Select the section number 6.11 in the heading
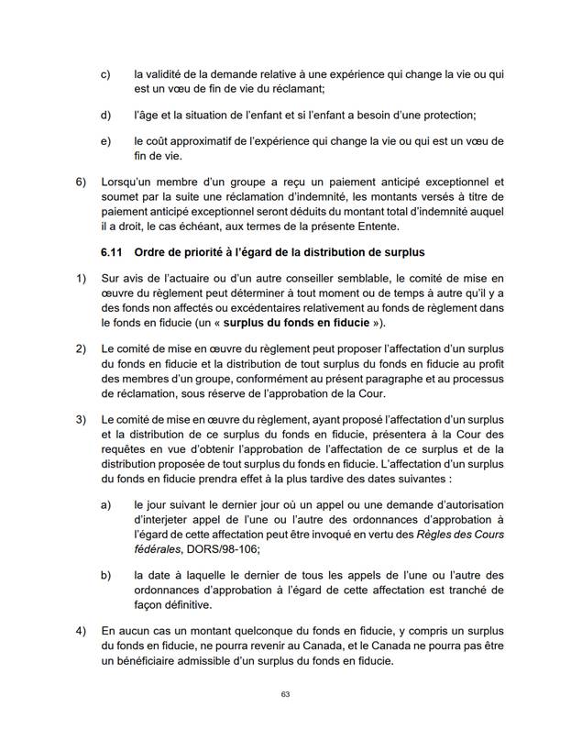pyautogui.click(x=111, y=252)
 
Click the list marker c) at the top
pyautogui.click(x=105, y=72)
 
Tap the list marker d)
pyautogui.click(x=105, y=115)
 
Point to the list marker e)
pyautogui.click(x=105, y=141)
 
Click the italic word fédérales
pyautogui.click(x=158, y=548)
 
